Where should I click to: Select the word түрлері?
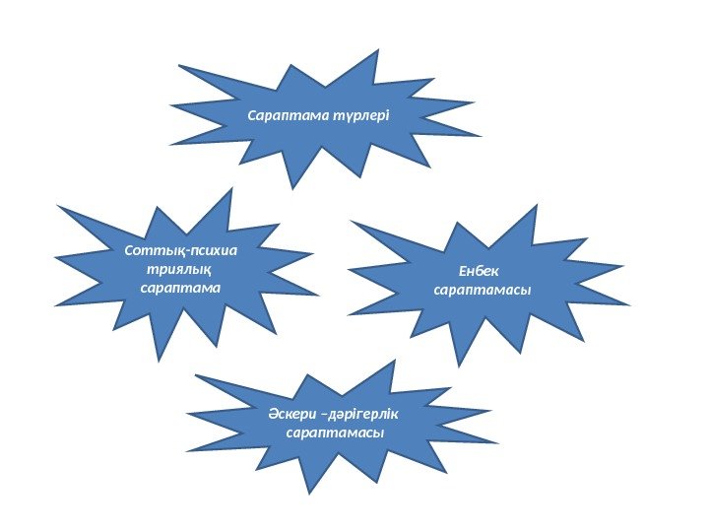click(363, 115)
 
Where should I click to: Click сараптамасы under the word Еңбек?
click(483, 291)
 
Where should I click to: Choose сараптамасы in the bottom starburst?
click(333, 433)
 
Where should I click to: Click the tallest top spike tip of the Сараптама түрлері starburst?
click(376, 49)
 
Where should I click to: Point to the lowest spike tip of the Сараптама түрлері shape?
click(291, 186)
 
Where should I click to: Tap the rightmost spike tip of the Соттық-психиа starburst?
click(318, 295)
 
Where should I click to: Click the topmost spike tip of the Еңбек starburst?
click(537, 205)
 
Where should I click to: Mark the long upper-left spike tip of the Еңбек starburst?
click(350, 220)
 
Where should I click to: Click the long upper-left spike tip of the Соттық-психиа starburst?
click(57, 205)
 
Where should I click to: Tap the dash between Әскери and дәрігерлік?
click(322, 414)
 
